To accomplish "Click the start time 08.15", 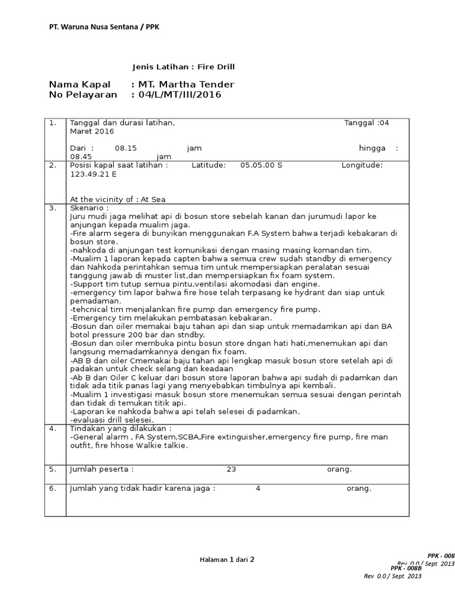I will (126, 148).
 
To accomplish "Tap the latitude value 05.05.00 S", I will (261, 165).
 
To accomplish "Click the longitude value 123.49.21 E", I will (94, 175).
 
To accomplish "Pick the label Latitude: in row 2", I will (209, 165).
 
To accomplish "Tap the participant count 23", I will (231, 469).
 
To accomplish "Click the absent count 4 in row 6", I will (258, 488).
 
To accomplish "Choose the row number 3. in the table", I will (53, 209).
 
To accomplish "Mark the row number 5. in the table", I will (53, 469).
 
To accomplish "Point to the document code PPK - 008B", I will (406, 568).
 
